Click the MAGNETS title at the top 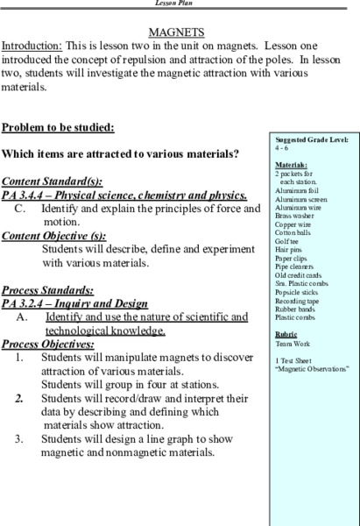point(180,31)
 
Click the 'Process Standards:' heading point(50,288)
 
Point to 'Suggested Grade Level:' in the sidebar point(311,141)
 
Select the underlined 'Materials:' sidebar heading point(291,164)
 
